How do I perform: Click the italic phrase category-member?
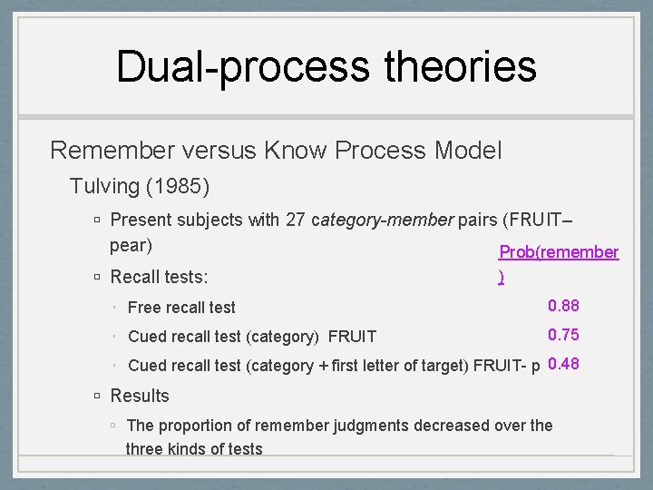click(x=382, y=220)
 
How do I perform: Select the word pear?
click(x=128, y=245)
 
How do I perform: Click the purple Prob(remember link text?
click(x=559, y=252)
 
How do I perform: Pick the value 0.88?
click(x=563, y=307)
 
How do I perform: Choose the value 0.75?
click(x=563, y=335)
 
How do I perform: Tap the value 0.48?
click(x=563, y=365)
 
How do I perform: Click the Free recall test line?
click(x=181, y=309)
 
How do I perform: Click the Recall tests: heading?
click(x=159, y=277)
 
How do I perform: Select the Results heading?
click(x=140, y=396)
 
